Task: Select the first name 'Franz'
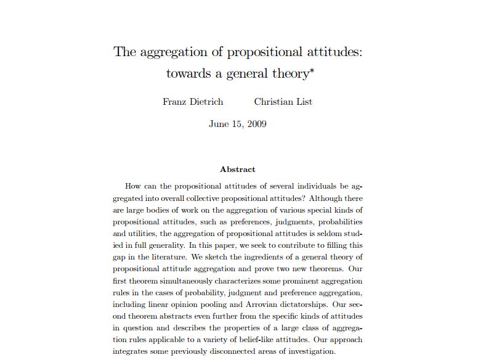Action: click(174, 102)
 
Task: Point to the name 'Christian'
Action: click(274, 102)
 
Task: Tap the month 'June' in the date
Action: click(219, 124)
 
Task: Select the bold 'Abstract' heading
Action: click(237, 169)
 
